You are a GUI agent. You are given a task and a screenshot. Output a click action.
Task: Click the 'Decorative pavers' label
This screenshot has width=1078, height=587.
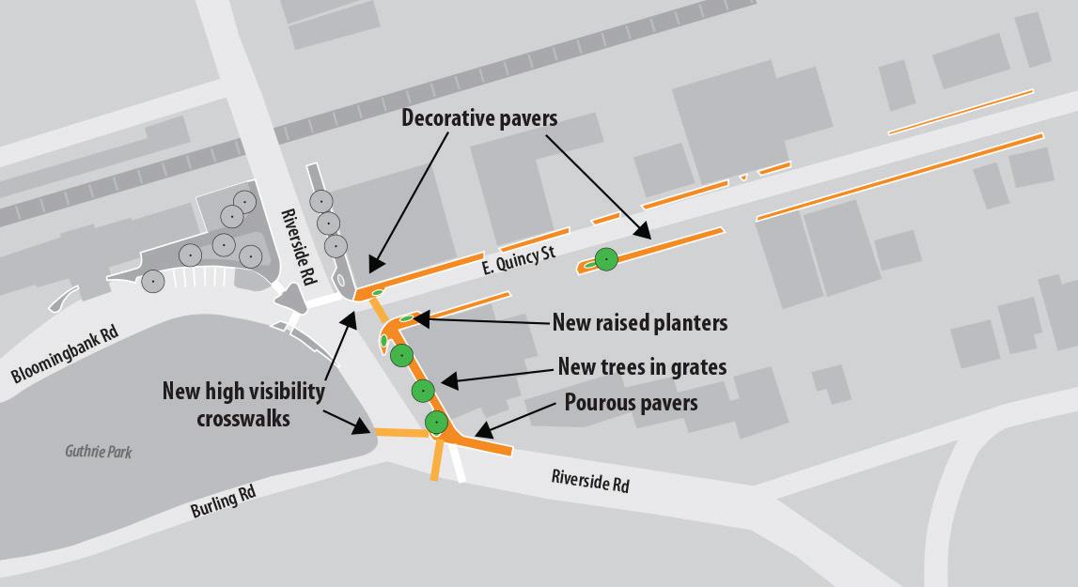[479, 118]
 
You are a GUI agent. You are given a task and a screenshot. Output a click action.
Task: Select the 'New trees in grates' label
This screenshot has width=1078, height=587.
[642, 366]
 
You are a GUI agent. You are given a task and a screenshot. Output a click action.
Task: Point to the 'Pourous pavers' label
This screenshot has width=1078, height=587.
[631, 403]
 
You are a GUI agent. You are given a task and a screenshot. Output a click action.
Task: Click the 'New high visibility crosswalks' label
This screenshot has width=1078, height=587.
[243, 404]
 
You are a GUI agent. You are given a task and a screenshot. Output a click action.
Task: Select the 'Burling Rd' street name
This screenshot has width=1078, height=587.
[223, 504]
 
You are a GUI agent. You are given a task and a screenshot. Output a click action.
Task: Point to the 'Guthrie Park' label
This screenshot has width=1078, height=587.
[99, 453]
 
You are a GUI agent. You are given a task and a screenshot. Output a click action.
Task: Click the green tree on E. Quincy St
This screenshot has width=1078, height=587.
[606, 258]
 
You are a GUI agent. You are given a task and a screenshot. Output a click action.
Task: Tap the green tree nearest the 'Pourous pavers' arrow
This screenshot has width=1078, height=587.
[435, 423]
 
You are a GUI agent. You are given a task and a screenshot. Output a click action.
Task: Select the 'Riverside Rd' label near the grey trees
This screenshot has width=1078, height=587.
[296, 246]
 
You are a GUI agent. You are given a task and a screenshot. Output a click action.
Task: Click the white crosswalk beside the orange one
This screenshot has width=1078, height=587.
[458, 465]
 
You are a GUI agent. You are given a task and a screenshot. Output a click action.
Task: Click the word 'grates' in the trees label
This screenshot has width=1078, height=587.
[700, 366]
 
